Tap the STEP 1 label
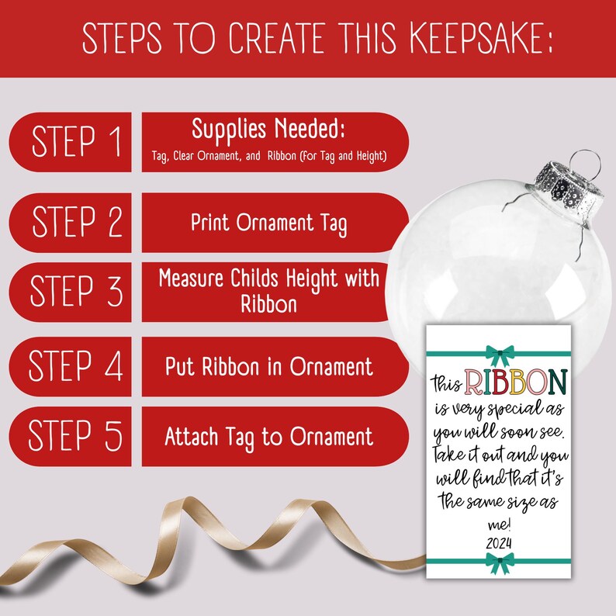[76, 141]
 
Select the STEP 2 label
[78, 221]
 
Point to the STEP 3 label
[76, 291]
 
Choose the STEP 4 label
[75, 365]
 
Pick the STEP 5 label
[75, 434]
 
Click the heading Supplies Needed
[268, 130]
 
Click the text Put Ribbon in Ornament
[269, 366]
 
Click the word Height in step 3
[312, 279]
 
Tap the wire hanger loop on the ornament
[583, 163]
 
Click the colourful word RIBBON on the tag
[516, 382]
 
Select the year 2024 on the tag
[499, 543]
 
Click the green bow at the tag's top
[500, 355]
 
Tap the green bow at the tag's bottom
[500, 562]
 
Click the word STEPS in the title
[122, 38]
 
